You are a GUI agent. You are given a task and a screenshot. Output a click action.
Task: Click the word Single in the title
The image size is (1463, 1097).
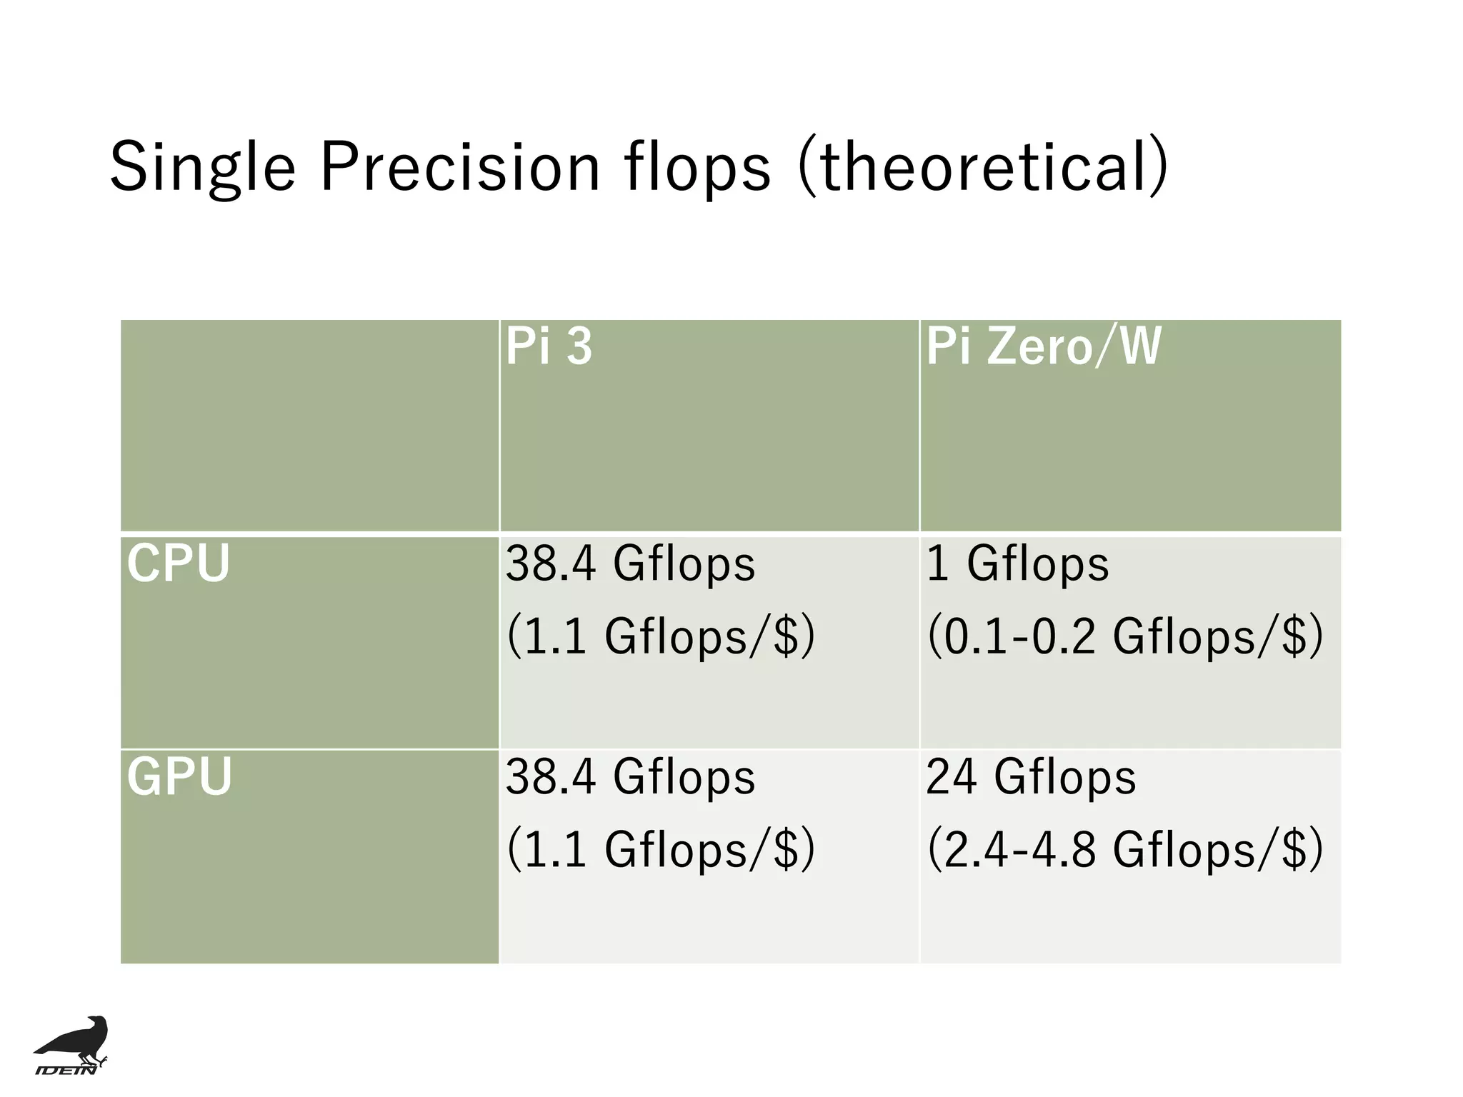[x=202, y=169]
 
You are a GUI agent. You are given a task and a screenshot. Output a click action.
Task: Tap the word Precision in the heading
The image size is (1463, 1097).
[x=460, y=167]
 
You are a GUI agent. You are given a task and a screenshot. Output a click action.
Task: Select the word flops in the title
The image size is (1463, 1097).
[x=698, y=169]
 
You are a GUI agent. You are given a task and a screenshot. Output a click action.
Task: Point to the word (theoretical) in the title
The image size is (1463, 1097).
[x=983, y=167]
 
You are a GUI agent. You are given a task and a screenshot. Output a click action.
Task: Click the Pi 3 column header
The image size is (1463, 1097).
[x=549, y=347]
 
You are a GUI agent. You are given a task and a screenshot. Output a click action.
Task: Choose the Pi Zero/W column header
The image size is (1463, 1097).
[x=1043, y=347]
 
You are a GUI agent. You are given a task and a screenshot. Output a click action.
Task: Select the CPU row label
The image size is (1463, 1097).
[x=179, y=564]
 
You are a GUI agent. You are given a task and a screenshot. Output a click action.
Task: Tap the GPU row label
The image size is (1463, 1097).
[x=180, y=777]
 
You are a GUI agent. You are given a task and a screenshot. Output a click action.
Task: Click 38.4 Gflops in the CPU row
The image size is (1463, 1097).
[x=630, y=564]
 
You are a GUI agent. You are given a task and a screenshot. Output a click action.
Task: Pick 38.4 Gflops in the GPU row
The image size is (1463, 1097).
[x=630, y=777]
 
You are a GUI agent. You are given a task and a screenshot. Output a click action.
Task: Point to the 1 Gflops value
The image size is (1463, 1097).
[x=1017, y=564]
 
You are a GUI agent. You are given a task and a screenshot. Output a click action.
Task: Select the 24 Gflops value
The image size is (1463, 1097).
[x=1030, y=777]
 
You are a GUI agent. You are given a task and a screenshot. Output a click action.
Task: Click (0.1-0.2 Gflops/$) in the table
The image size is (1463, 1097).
[x=1124, y=636]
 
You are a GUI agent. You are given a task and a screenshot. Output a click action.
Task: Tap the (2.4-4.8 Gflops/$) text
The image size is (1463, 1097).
[x=1124, y=849]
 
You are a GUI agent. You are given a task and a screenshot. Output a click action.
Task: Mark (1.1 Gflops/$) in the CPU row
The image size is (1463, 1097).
[x=660, y=636]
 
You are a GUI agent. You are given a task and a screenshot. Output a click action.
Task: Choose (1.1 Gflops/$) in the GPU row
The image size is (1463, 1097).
[x=660, y=849]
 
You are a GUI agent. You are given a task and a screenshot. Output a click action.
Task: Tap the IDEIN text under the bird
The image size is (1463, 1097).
[x=66, y=1070]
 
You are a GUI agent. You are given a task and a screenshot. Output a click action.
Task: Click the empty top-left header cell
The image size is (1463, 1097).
[x=309, y=426]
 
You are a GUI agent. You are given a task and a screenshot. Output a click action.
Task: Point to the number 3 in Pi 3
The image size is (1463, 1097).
[x=579, y=347]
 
